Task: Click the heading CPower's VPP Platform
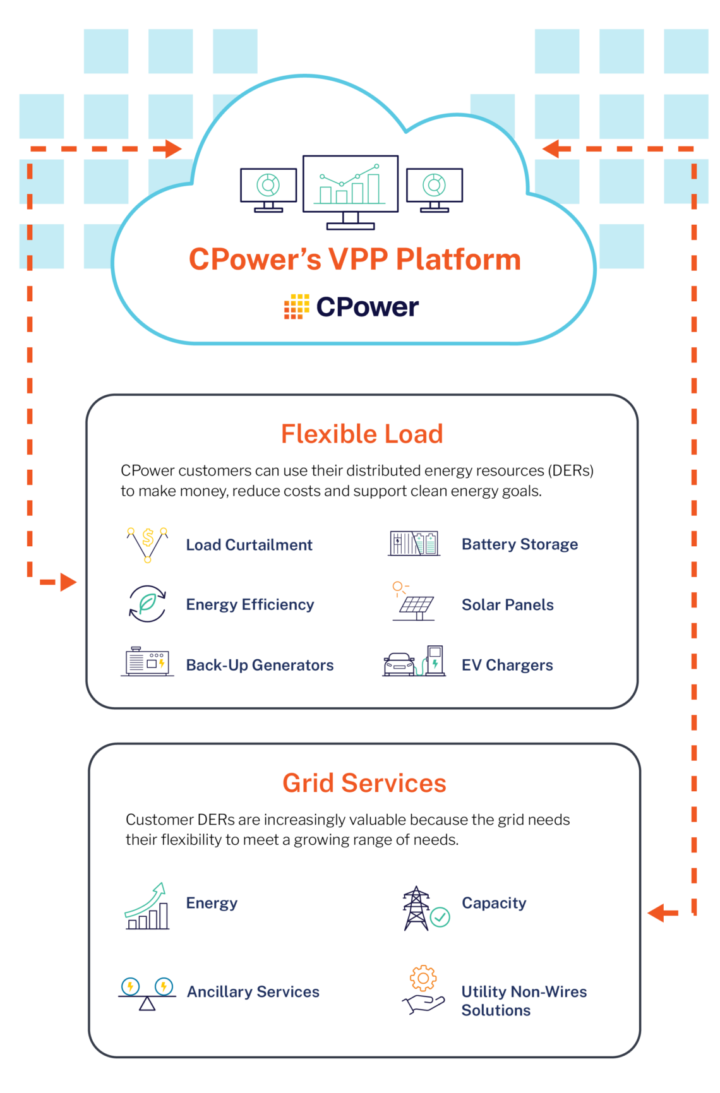[x=355, y=260]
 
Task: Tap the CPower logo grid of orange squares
[x=296, y=307]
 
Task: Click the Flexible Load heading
[x=362, y=434]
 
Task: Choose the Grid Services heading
[x=364, y=783]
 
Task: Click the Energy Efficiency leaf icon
[x=147, y=604]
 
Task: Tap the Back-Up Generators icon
[x=147, y=662]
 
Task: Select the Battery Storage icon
[x=414, y=543]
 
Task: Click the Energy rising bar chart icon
[x=147, y=907]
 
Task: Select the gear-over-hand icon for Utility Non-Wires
[x=423, y=989]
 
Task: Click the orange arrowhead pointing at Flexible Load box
[x=68, y=582]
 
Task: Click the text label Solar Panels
[x=507, y=605]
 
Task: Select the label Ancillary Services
[x=253, y=992]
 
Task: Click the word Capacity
[x=494, y=903]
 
